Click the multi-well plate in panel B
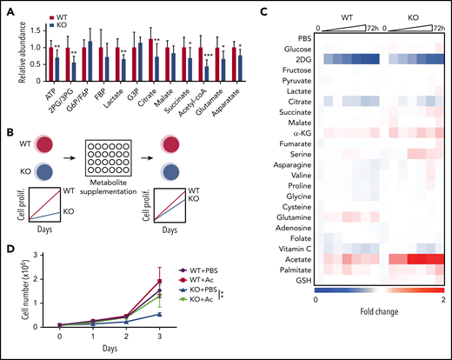pyautogui.click(x=112, y=159)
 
